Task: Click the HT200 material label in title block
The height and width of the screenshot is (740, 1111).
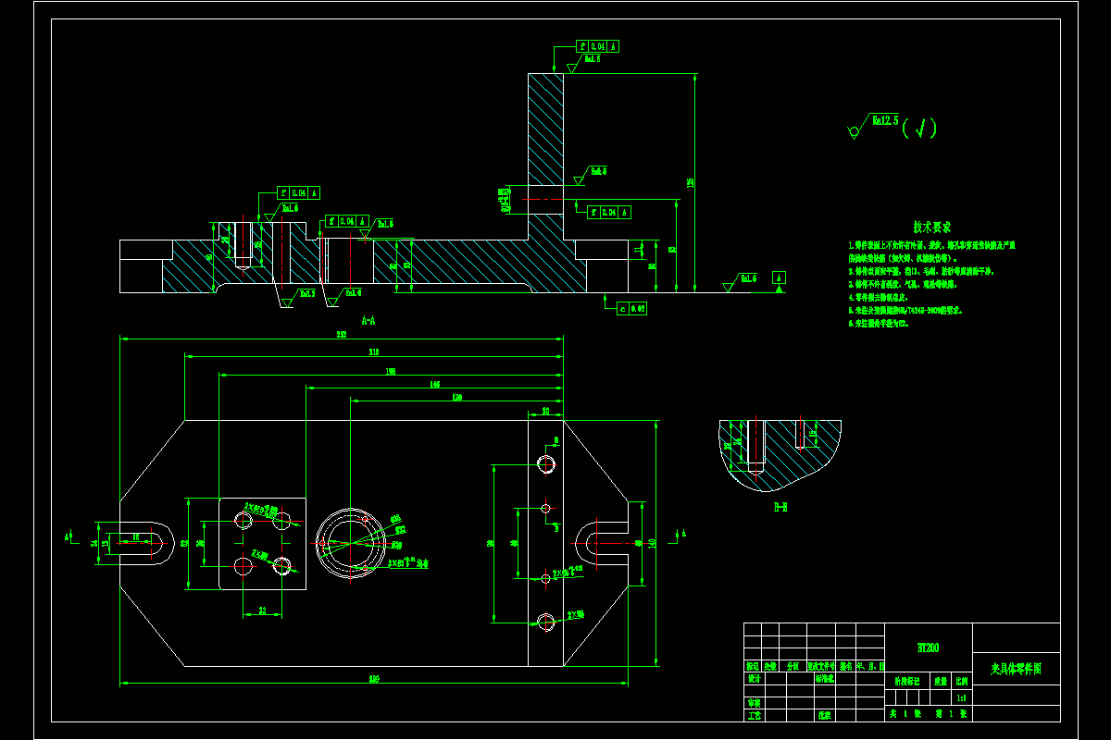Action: (928, 647)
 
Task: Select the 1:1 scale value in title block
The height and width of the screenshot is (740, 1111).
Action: (962, 698)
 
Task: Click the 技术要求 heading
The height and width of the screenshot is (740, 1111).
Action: (931, 227)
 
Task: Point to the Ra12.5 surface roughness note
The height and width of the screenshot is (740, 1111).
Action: (884, 120)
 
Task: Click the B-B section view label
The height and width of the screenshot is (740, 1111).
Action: (780, 507)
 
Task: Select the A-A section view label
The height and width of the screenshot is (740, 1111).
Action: (368, 320)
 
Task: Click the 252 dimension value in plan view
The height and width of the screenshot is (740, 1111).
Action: (341, 335)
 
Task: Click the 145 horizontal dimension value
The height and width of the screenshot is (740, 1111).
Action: (434, 383)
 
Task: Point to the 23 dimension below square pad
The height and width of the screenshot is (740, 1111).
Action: (263, 610)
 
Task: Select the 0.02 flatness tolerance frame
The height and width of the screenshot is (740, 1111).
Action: (631, 308)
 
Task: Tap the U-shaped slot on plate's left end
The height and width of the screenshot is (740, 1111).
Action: (148, 543)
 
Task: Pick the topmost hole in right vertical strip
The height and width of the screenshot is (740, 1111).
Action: (545, 463)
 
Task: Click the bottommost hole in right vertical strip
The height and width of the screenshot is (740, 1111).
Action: (545, 622)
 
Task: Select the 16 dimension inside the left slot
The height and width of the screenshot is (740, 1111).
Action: (135, 536)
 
